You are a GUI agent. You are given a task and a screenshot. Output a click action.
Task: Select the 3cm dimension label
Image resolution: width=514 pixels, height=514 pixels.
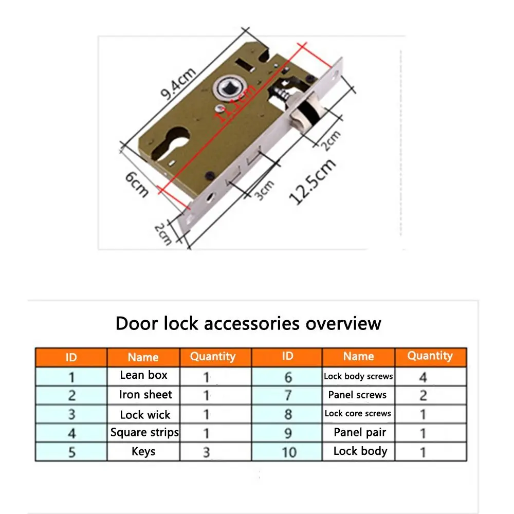(265, 191)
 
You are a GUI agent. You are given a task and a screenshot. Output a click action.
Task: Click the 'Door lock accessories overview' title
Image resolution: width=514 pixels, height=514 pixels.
(248, 323)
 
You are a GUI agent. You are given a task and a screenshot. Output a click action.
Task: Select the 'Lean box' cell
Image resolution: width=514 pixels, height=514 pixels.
(143, 375)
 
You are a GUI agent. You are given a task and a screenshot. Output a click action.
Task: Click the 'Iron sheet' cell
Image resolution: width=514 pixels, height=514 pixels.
(145, 395)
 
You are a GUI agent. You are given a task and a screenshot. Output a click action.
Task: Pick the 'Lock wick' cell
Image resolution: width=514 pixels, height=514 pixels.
(145, 414)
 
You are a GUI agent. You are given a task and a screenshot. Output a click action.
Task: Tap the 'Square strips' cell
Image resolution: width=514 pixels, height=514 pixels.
(144, 432)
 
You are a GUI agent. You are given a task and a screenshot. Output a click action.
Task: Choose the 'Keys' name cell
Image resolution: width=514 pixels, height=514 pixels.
(143, 451)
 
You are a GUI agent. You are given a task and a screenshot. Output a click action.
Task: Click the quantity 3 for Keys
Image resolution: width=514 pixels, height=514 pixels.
(207, 452)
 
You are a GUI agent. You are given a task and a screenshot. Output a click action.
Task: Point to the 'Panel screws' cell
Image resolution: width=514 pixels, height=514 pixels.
(357, 395)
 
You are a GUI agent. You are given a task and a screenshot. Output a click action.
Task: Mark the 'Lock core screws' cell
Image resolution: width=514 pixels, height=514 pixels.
(358, 413)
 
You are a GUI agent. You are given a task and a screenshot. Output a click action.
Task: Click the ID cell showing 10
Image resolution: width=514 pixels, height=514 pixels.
(289, 452)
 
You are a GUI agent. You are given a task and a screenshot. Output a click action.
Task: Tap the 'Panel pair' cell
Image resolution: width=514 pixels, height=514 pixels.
(360, 432)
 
